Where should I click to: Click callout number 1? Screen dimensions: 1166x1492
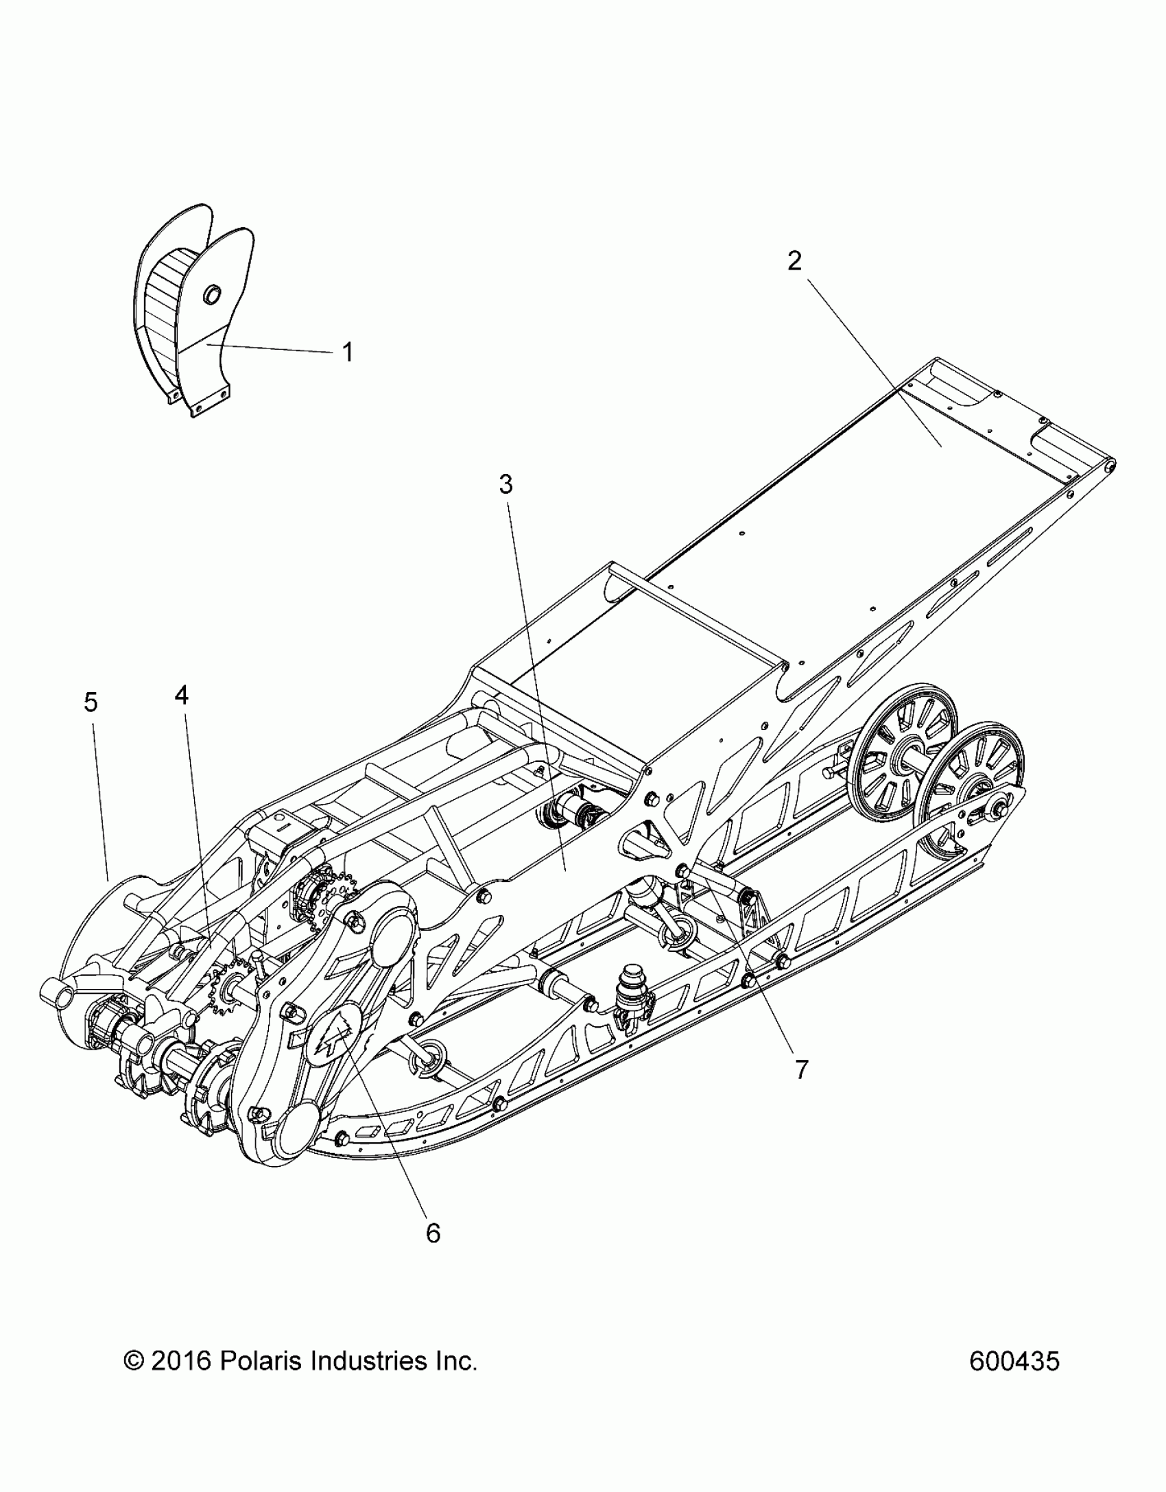point(348,353)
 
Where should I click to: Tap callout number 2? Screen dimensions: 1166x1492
point(794,261)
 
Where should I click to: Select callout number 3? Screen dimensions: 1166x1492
point(505,485)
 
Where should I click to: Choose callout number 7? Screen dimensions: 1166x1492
point(802,1069)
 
